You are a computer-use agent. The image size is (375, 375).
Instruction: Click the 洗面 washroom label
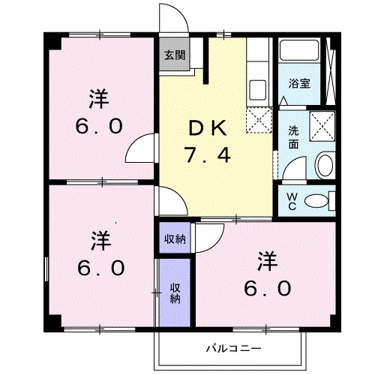coord(294,134)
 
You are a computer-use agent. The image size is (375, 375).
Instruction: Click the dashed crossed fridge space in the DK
coord(259,119)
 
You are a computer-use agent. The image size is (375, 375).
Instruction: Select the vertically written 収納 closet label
coord(175,293)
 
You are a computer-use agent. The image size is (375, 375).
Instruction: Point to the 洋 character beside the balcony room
coord(267,262)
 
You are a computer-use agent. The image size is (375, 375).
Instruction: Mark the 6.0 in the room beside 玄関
coord(98,127)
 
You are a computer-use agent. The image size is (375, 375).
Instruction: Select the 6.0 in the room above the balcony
coord(267,289)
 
